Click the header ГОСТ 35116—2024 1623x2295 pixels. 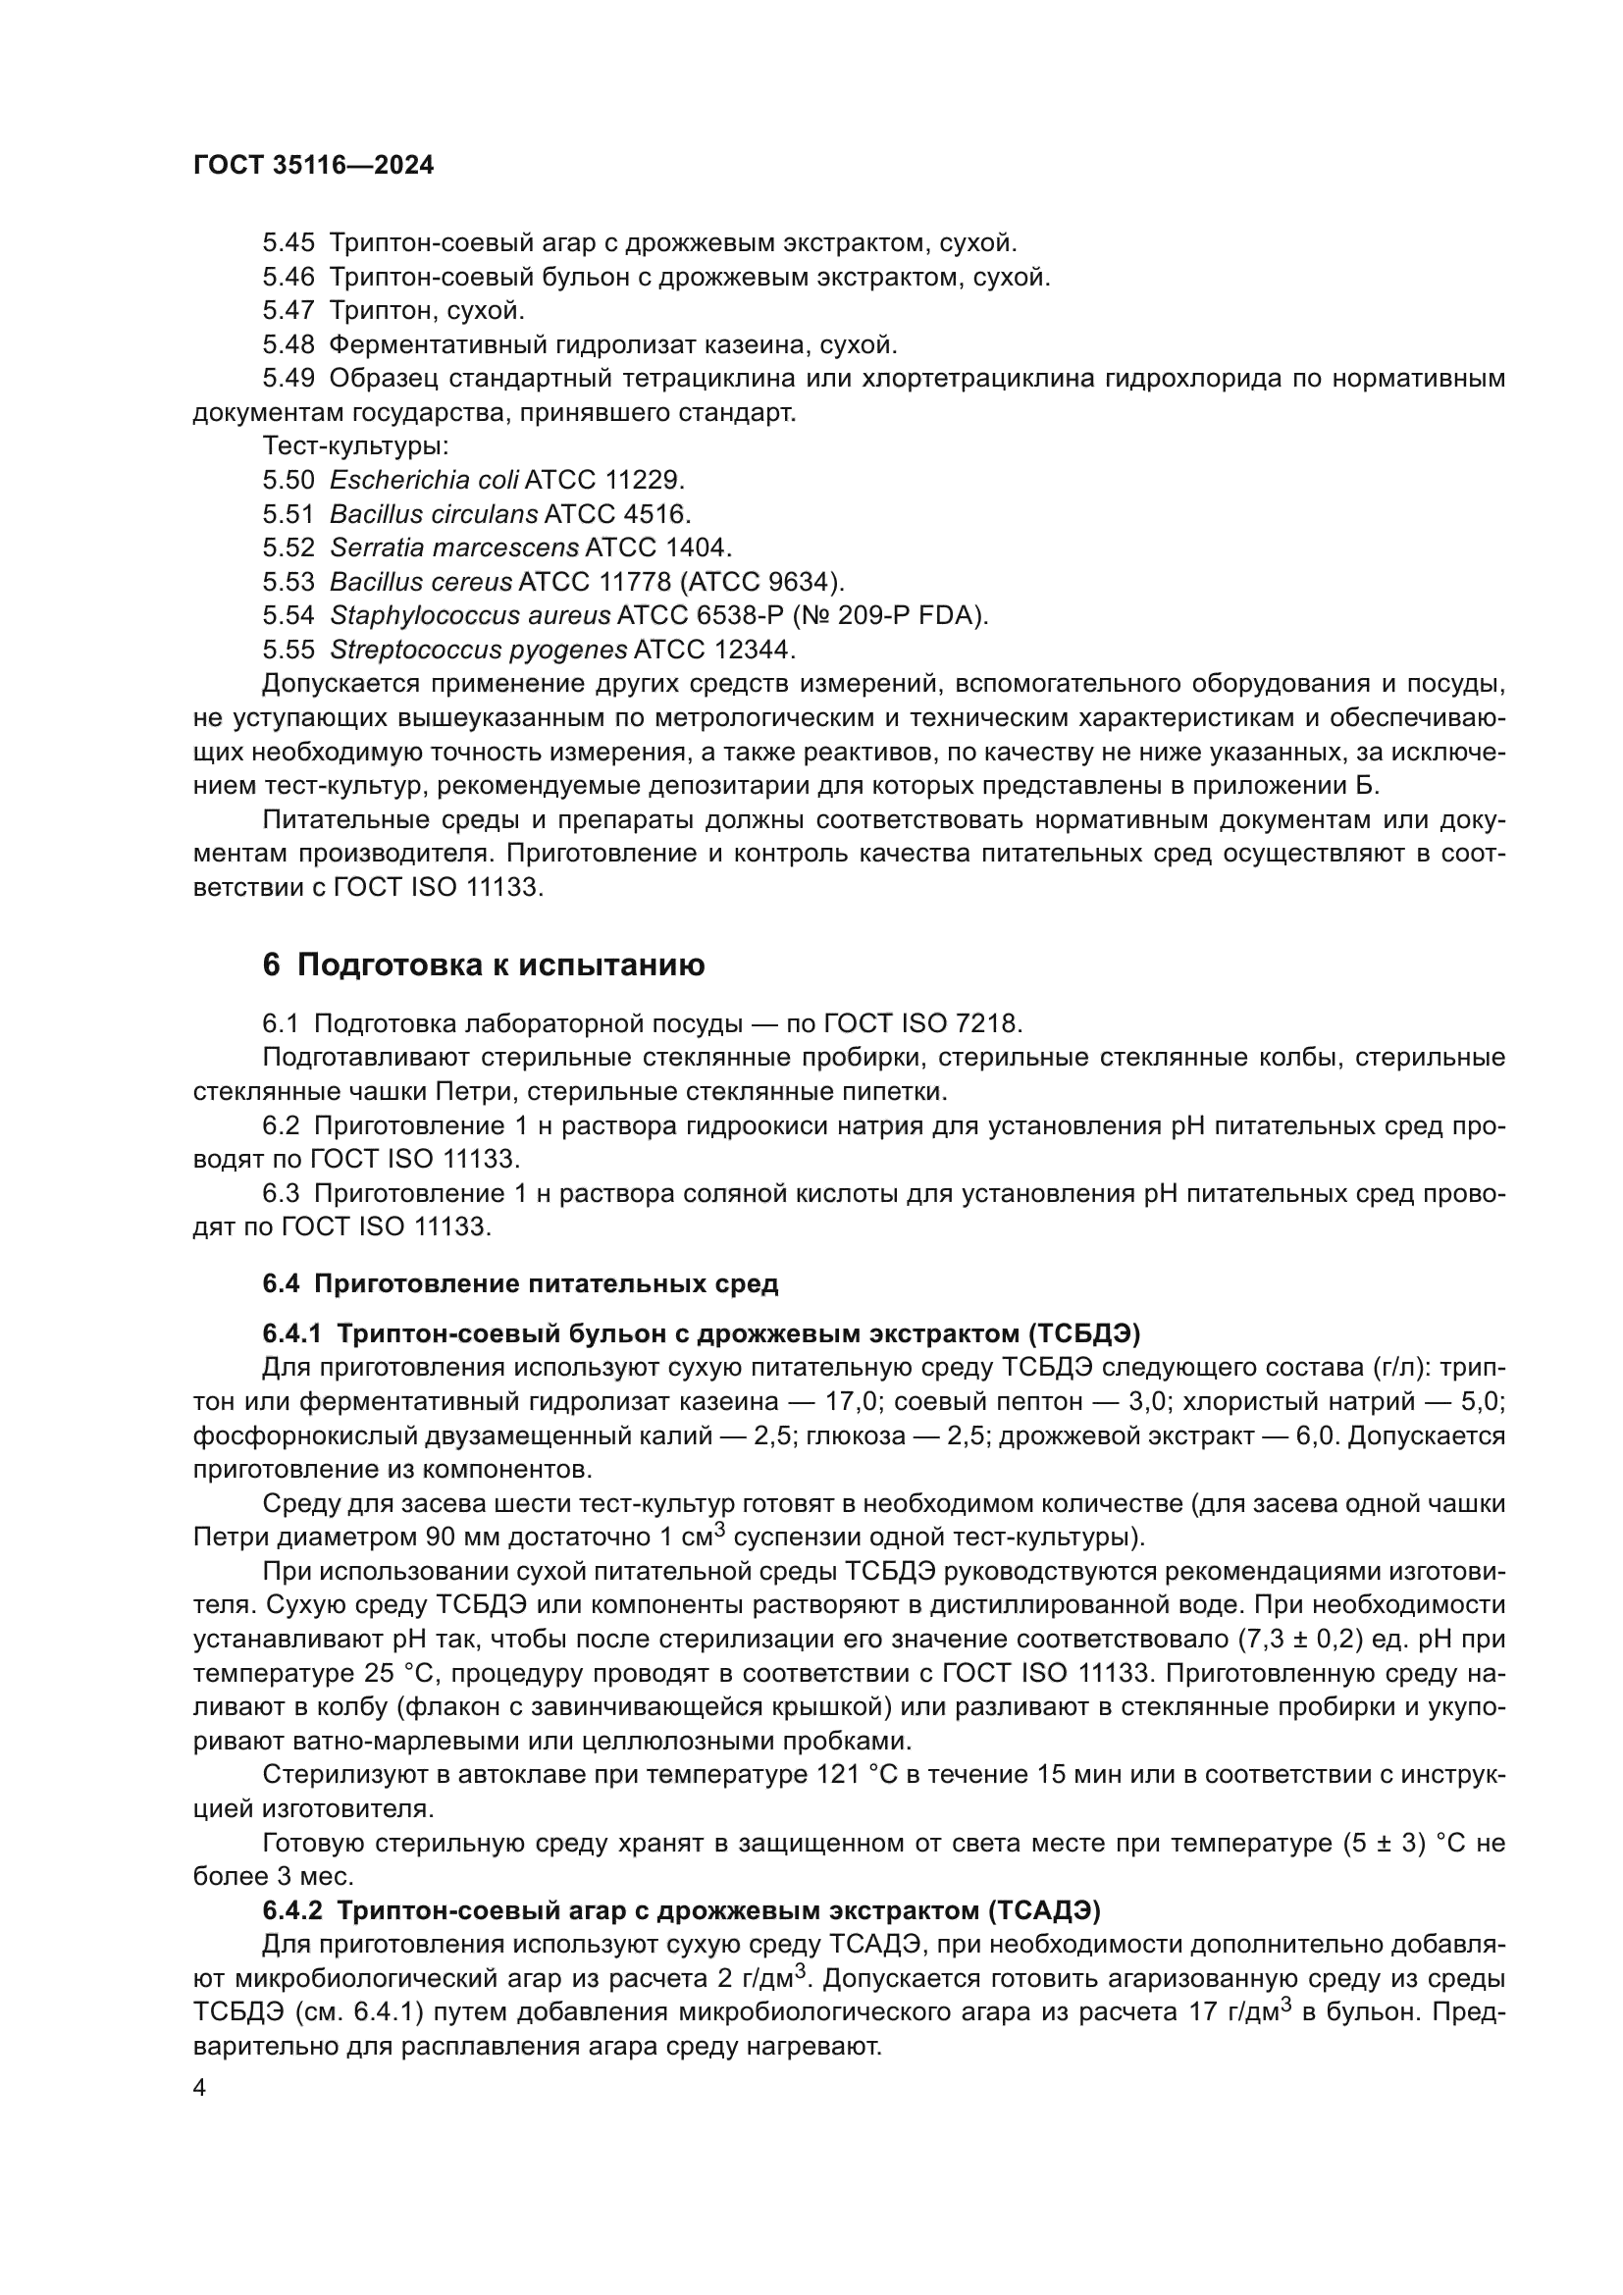click(x=313, y=166)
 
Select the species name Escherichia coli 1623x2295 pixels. click(x=424, y=480)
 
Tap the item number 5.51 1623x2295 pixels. click(x=288, y=514)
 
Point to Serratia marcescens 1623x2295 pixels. click(x=453, y=548)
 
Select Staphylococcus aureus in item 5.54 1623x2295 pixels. click(x=470, y=616)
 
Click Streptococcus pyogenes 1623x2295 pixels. click(x=478, y=650)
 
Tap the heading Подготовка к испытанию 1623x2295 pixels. click(x=500, y=965)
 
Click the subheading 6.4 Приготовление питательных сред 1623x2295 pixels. click(x=520, y=1283)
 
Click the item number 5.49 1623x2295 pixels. click(x=288, y=379)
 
